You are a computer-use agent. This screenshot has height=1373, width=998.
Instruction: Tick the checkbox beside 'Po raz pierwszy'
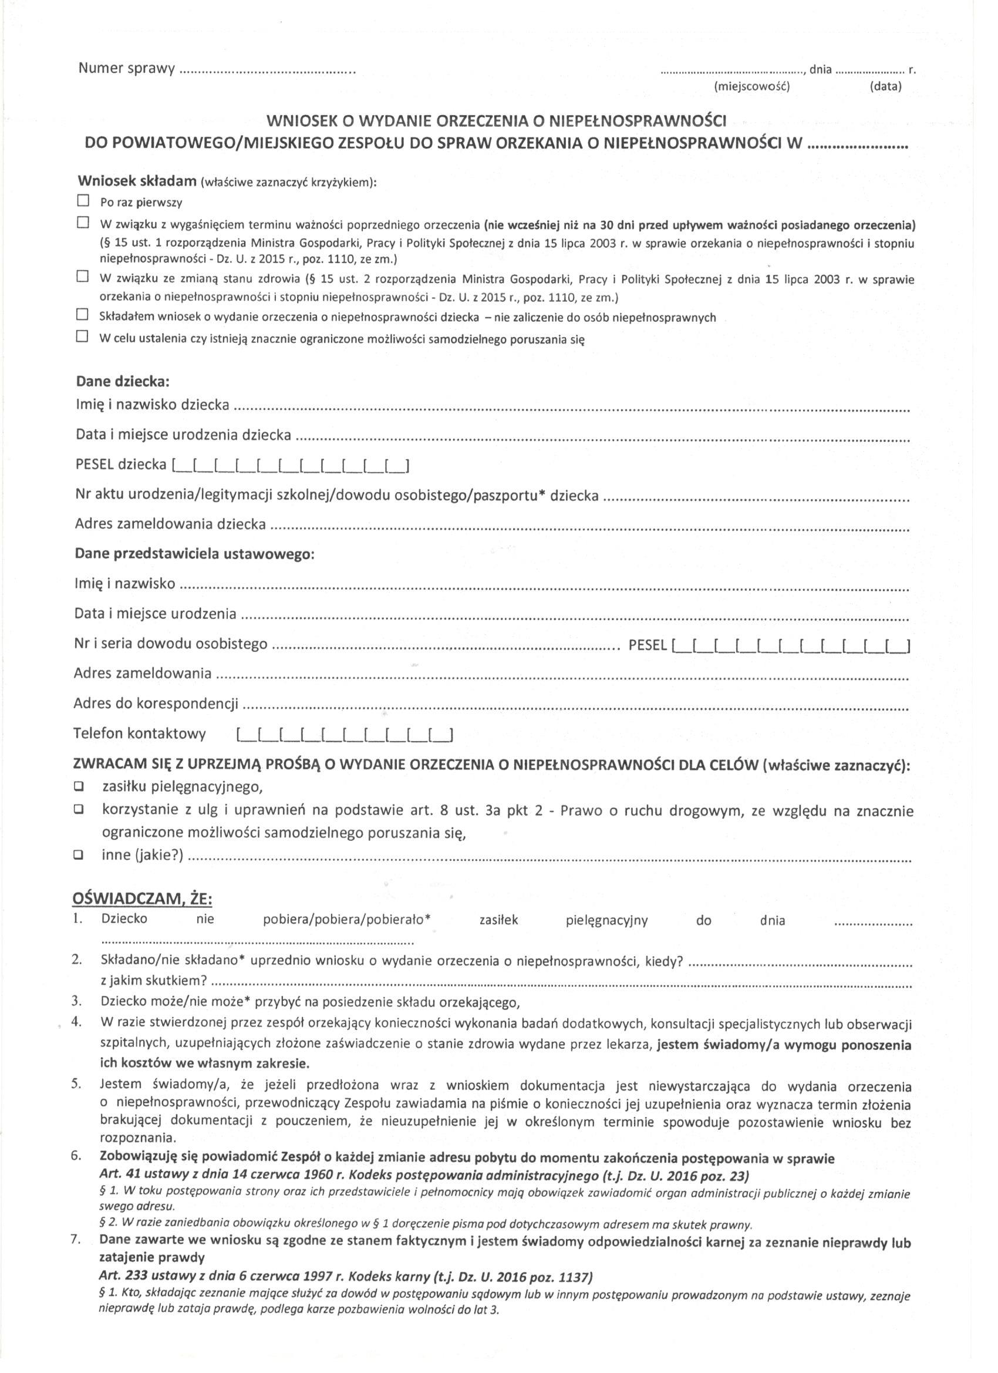(83, 200)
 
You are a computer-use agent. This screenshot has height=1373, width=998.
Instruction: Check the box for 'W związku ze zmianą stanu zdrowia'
(82, 277)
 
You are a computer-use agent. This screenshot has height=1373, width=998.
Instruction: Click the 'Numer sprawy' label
(126, 68)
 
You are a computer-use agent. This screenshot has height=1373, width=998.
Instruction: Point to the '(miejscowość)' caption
(752, 86)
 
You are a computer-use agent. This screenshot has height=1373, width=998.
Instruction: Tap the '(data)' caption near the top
(885, 86)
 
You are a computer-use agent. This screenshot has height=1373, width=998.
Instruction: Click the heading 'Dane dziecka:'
(122, 382)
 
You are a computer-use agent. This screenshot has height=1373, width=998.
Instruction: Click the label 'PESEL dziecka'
(121, 465)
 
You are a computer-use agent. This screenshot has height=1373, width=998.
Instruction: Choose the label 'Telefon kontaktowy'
(140, 734)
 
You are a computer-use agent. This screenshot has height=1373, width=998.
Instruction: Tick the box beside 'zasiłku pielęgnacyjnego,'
(79, 787)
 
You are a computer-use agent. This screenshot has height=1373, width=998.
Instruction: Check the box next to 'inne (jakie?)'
(79, 856)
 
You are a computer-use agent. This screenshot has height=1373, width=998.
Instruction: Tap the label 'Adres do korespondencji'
(156, 704)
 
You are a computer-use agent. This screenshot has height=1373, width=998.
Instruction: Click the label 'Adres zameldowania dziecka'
(170, 524)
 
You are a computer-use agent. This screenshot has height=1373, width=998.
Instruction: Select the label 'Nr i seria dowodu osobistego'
(171, 644)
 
